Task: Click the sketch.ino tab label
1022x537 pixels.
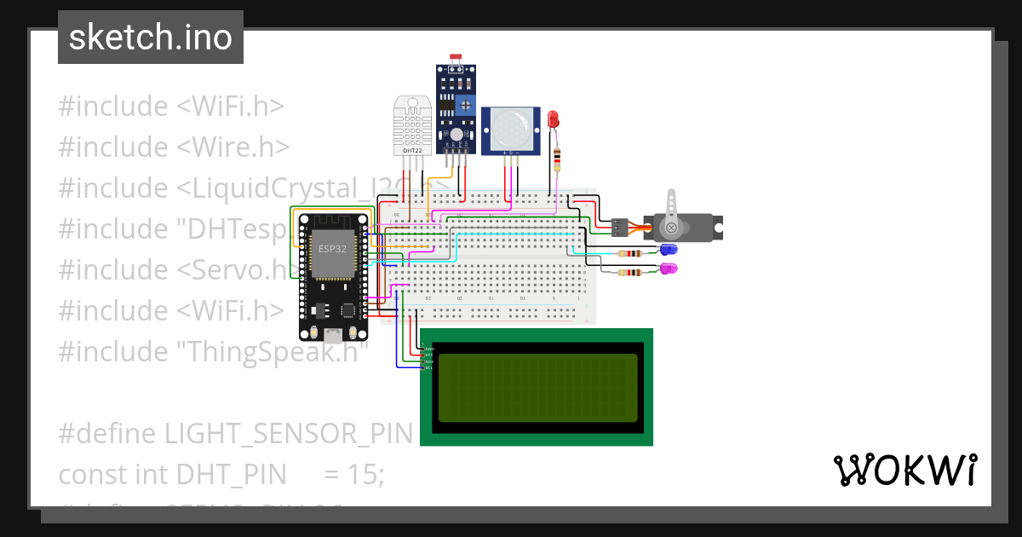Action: point(150,38)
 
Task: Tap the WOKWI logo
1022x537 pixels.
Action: point(904,470)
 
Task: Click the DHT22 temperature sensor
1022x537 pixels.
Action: point(412,126)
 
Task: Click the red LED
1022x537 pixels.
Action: point(554,119)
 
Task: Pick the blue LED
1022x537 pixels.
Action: point(668,250)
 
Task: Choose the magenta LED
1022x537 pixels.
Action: point(668,268)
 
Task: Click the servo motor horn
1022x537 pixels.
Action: point(673,213)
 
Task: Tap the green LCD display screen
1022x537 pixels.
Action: point(536,388)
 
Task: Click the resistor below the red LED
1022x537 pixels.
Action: point(557,158)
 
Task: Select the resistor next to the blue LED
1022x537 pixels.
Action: point(630,253)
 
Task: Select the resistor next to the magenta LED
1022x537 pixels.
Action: point(630,273)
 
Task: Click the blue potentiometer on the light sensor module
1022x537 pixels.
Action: point(465,106)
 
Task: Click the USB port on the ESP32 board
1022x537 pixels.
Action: point(330,335)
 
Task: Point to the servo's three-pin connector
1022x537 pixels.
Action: point(619,228)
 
